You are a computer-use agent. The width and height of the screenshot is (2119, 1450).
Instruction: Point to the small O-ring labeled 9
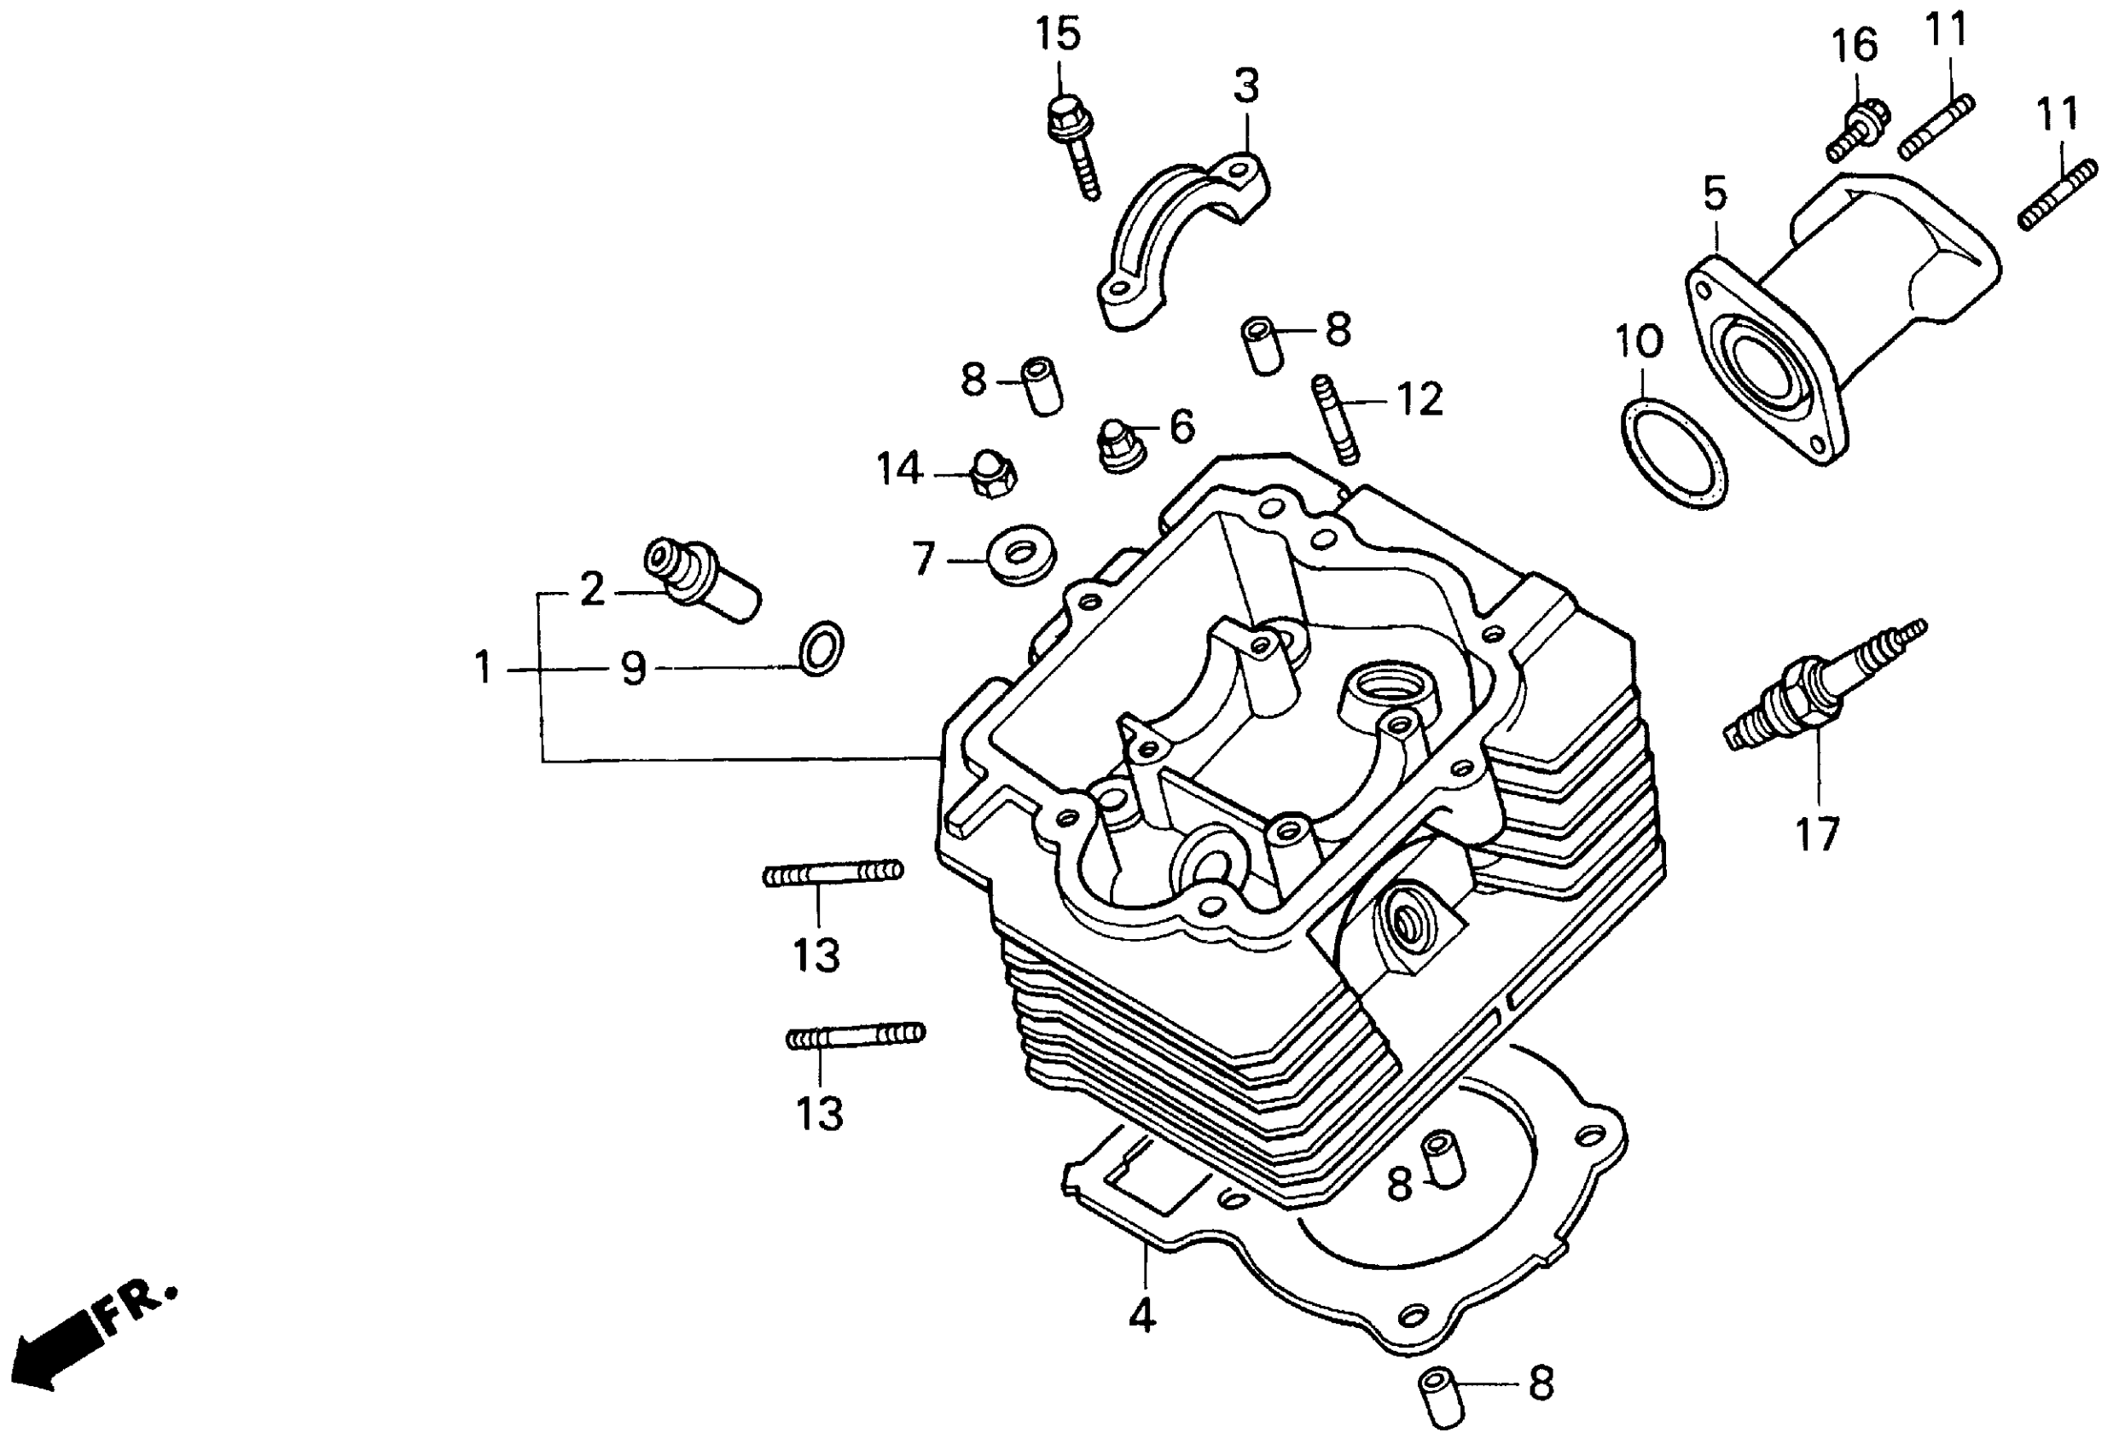click(x=821, y=649)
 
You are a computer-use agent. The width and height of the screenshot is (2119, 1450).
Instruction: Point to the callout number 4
click(x=1141, y=1315)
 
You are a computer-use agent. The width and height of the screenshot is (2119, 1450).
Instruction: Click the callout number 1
click(x=483, y=668)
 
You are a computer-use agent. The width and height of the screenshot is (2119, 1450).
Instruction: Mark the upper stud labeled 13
click(x=833, y=873)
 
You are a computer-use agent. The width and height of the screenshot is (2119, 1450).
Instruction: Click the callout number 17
click(x=1817, y=833)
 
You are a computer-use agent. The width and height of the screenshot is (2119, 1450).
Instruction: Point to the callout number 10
click(x=1640, y=341)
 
